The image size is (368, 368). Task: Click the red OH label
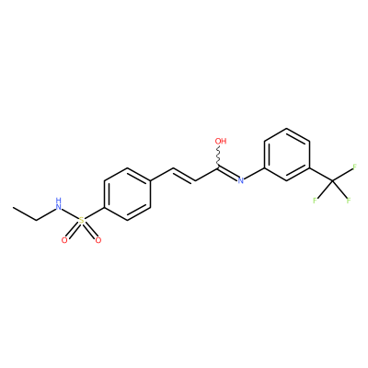point(221,141)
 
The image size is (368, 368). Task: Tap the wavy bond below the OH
point(219,156)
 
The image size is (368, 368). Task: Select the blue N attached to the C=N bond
point(241,180)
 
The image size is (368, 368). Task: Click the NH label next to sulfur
point(59,204)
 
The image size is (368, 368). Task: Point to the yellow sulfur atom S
point(81,220)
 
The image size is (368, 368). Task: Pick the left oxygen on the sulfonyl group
point(64,240)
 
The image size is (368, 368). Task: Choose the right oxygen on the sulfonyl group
point(98,240)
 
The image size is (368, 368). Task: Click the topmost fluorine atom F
point(354,167)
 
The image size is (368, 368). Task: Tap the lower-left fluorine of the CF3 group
point(315,201)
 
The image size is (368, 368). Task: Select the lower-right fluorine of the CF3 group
point(349,201)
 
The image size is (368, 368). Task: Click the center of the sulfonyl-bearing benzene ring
point(127,194)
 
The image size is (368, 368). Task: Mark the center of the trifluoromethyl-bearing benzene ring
point(287,155)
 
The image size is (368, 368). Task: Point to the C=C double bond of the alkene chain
point(184,175)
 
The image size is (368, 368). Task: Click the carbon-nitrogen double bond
point(227,174)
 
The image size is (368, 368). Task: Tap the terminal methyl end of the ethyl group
point(14,208)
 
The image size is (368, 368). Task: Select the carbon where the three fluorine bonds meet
point(332,180)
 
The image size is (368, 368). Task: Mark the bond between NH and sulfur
point(70,213)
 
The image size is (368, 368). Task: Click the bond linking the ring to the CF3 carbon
point(321,174)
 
